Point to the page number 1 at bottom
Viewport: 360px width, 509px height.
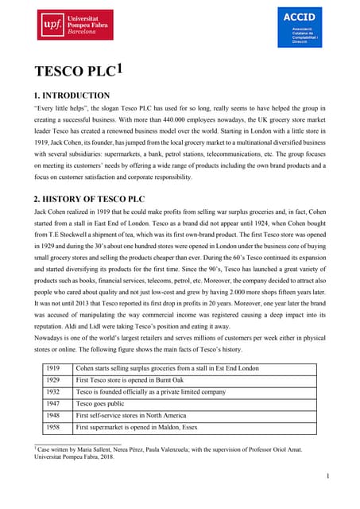click(328, 476)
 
